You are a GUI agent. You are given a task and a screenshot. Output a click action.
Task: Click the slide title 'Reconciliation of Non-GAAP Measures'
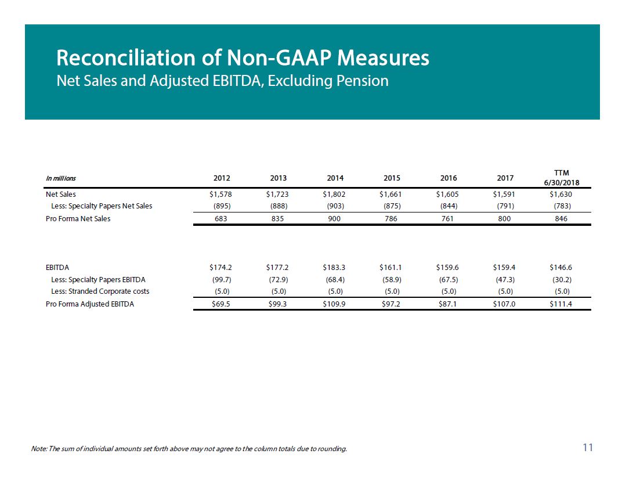click(243, 57)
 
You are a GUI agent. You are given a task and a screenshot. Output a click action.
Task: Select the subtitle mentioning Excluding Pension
click(223, 81)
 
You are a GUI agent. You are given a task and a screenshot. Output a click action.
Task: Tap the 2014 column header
click(335, 178)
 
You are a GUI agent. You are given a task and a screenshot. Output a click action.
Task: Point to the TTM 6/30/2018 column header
click(561, 178)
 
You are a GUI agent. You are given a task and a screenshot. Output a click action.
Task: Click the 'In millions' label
click(61, 178)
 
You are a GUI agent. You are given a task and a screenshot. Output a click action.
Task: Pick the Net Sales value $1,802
click(334, 195)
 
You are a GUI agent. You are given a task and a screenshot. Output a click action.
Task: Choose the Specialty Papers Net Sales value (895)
click(222, 206)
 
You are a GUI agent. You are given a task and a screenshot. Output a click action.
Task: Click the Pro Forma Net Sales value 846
click(561, 219)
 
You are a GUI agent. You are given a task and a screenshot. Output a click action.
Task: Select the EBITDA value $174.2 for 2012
click(220, 268)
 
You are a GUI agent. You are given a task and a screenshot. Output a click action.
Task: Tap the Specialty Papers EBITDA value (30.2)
click(562, 280)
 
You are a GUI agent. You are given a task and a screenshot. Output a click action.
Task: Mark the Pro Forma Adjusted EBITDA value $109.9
click(334, 304)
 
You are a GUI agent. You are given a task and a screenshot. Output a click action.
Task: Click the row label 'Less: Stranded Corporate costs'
click(100, 291)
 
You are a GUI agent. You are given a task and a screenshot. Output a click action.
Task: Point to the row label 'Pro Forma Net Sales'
click(78, 219)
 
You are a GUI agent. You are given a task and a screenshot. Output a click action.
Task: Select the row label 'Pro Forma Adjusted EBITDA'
click(90, 304)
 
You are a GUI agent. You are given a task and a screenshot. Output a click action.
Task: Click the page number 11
click(588, 448)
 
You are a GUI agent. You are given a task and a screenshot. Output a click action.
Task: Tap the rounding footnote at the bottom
click(189, 449)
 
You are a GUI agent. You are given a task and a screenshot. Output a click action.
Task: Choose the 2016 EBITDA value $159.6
click(447, 268)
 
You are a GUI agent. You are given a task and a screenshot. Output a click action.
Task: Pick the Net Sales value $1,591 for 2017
click(504, 195)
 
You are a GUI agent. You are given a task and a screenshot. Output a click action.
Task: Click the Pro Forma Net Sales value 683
click(221, 219)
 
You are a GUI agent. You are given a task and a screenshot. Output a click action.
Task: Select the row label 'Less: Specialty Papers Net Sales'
click(102, 206)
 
